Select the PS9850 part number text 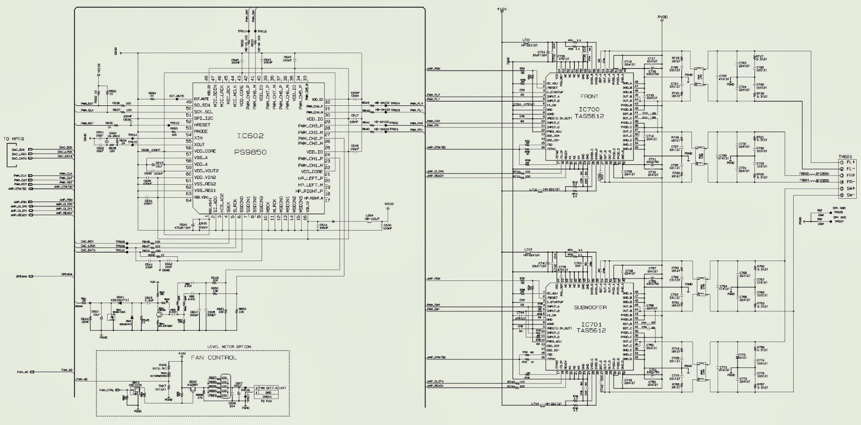point(250,152)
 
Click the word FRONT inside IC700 point(590,97)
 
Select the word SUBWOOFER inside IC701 point(590,307)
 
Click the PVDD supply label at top point(662,17)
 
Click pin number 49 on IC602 point(188,102)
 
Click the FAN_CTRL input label point(107,390)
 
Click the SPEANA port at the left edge point(22,276)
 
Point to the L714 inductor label point(534,404)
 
